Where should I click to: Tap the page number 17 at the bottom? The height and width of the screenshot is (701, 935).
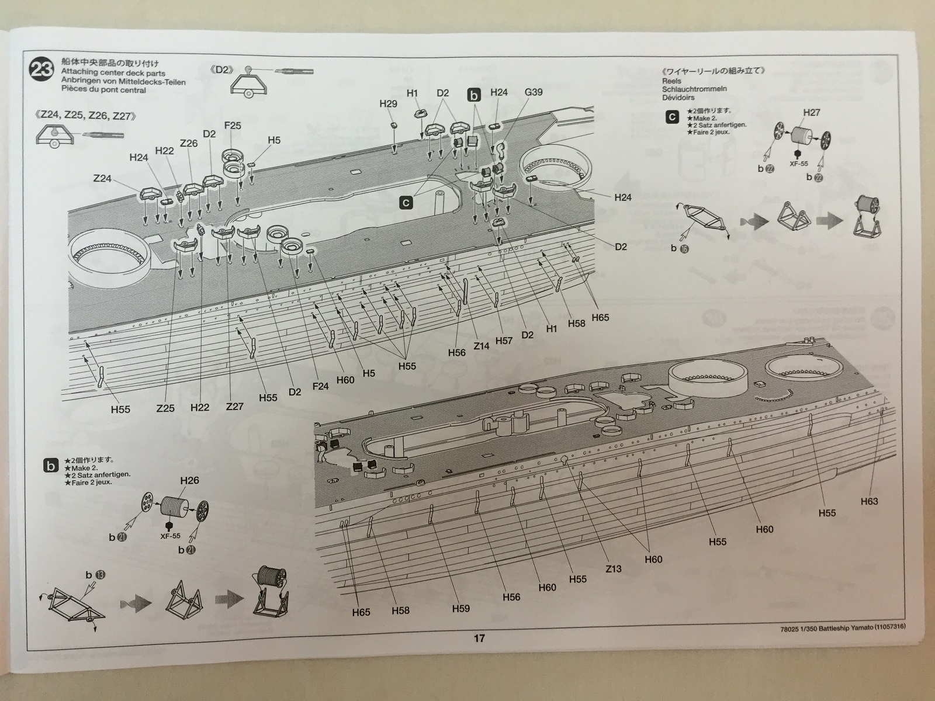(479, 638)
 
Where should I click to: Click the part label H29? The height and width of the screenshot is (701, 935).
(388, 103)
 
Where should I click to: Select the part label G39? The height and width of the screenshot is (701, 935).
(534, 92)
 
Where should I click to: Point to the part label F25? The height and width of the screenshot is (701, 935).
(233, 125)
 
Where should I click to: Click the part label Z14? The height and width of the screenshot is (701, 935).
(481, 346)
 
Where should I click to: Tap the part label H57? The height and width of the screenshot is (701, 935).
(504, 341)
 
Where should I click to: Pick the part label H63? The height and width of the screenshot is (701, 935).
(870, 501)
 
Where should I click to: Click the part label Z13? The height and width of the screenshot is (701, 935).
(614, 568)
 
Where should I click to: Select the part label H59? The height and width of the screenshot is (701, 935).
(460, 608)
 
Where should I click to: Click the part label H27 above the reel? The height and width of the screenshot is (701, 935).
(812, 112)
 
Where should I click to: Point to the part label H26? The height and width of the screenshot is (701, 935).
(189, 480)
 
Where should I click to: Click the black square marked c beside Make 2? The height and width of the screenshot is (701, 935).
(672, 117)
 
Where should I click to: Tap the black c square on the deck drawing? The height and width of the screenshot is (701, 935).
(406, 203)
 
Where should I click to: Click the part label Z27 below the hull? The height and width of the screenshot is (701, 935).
(234, 406)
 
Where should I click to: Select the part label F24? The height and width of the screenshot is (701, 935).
(321, 386)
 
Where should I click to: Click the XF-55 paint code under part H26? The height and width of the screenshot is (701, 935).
(169, 536)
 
